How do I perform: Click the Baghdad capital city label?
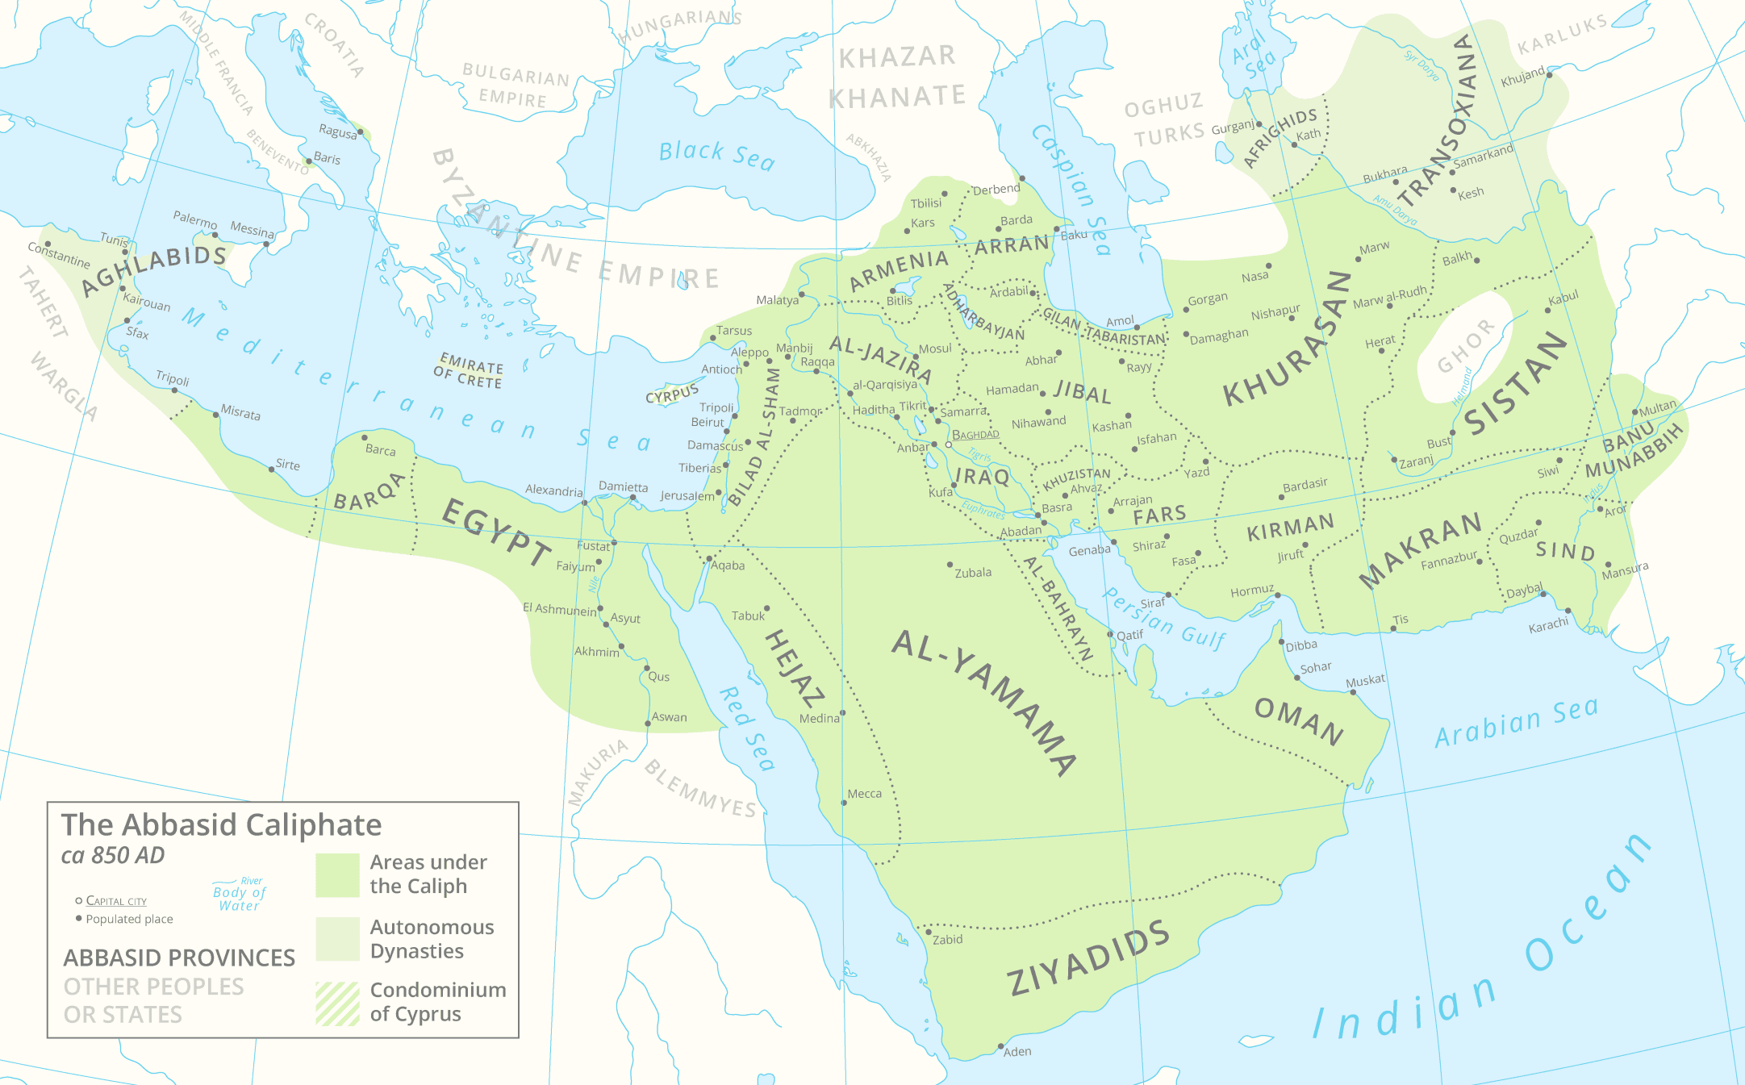[975, 435]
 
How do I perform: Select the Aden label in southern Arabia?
[1017, 1051]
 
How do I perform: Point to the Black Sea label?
[716, 155]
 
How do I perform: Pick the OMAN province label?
[1299, 720]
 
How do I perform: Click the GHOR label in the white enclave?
[1465, 345]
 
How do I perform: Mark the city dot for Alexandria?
[585, 503]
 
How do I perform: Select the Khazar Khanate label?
[898, 77]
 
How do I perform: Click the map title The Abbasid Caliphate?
[221, 824]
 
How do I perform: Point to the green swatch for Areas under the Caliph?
[337, 875]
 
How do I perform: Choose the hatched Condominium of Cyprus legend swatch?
[337, 1003]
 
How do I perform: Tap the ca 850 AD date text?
[113, 855]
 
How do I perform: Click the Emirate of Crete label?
[470, 371]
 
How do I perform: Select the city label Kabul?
[1563, 298]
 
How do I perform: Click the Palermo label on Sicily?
[194, 219]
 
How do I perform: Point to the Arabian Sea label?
[1516, 722]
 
